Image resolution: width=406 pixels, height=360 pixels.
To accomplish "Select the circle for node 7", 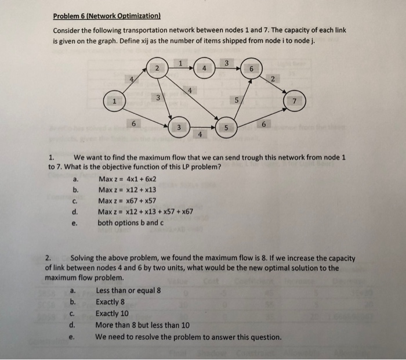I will point(293,102).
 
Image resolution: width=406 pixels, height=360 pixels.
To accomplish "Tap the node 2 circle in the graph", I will point(157,68).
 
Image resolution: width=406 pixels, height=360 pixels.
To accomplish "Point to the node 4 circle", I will point(204,68).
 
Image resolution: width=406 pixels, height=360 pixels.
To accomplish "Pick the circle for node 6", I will point(251,68).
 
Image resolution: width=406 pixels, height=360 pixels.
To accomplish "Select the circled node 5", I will point(226,127).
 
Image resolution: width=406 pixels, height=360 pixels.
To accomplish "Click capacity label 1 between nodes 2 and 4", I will point(180,63).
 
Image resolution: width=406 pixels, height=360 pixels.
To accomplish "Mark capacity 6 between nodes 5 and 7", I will point(264,124).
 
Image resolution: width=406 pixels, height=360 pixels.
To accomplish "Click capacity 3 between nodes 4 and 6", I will point(227,62).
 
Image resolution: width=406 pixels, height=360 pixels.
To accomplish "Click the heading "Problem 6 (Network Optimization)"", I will point(107,16).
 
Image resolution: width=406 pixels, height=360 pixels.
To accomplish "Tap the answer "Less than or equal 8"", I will point(128,290).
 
